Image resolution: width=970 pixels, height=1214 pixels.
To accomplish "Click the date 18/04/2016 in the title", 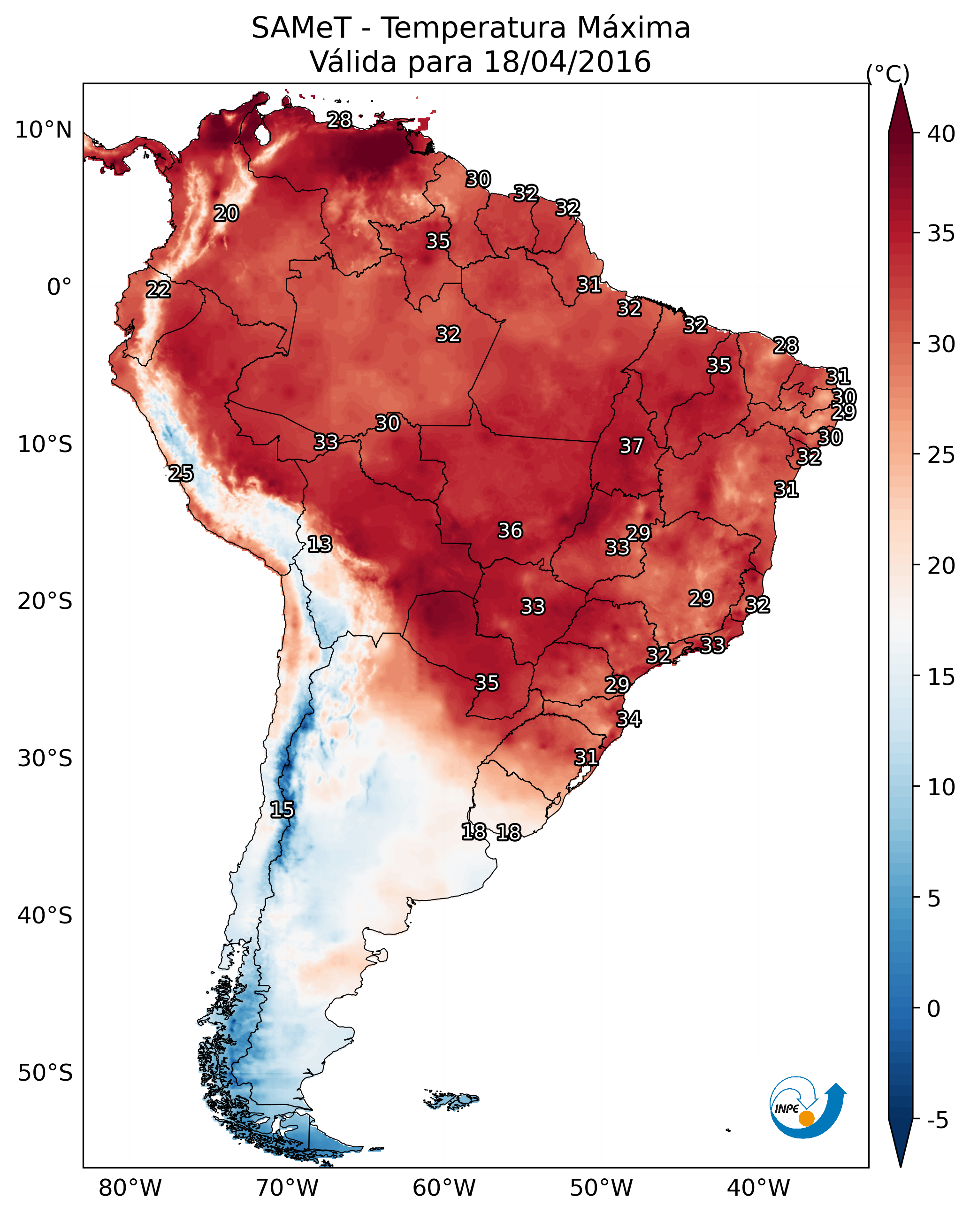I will (x=567, y=61).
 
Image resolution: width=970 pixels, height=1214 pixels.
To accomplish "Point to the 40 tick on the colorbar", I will (x=941, y=133).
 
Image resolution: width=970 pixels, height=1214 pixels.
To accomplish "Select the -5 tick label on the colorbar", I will (x=937, y=1120).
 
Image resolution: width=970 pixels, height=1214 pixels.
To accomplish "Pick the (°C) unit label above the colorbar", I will (x=888, y=73).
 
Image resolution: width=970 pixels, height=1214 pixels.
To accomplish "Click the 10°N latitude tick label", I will (x=43, y=130).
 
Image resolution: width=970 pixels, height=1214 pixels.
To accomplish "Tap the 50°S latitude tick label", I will (x=45, y=1073).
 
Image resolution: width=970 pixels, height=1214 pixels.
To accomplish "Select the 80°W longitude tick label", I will (x=130, y=1188).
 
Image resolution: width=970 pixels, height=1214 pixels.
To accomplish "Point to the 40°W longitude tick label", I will (x=758, y=1188).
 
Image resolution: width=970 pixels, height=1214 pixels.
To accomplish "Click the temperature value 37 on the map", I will (x=631, y=446).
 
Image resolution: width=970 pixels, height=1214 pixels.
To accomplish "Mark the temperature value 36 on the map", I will (x=510, y=530).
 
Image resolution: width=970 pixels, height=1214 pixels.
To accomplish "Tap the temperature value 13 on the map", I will (x=320, y=544).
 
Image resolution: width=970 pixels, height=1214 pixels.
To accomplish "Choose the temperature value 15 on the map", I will (x=282, y=810).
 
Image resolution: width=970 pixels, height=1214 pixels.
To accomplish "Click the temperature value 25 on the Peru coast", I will (x=181, y=474).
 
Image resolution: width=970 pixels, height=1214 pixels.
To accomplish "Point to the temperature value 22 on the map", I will (x=158, y=290).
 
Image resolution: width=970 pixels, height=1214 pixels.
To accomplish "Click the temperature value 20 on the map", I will (x=226, y=214).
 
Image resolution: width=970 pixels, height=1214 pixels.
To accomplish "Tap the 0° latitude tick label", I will (x=59, y=287).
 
